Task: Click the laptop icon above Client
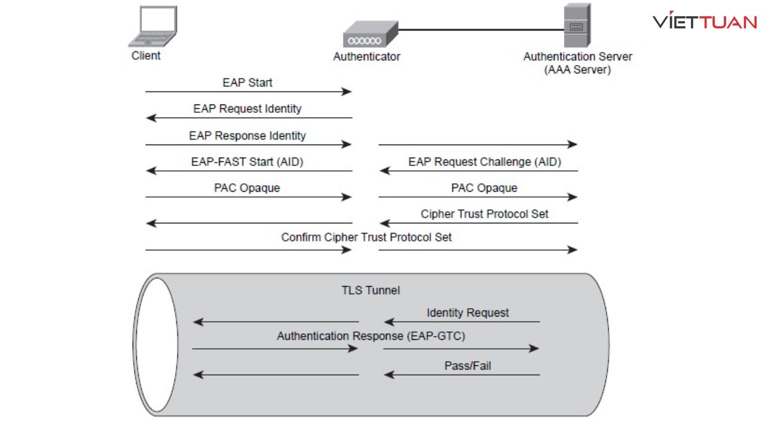tap(153, 26)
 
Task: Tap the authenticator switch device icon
tap(370, 35)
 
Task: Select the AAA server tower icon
tap(577, 25)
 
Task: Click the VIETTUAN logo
tap(705, 22)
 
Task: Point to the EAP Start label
tap(247, 82)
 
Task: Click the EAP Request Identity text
tap(247, 109)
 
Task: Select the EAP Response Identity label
tap(247, 136)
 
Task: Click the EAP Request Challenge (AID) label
tap(485, 162)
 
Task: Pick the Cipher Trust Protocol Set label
tap(485, 214)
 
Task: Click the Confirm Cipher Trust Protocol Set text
tap(366, 237)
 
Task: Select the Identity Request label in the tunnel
tap(467, 312)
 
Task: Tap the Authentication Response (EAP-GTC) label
tap(371, 336)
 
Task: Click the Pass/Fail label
tap(467, 365)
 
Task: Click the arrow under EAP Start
tap(248, 92)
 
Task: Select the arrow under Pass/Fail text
tap(462, 375)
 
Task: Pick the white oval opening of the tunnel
tap(155, 345)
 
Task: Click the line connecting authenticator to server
tap(481, 29)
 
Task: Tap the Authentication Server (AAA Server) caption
tap(577, 63)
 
